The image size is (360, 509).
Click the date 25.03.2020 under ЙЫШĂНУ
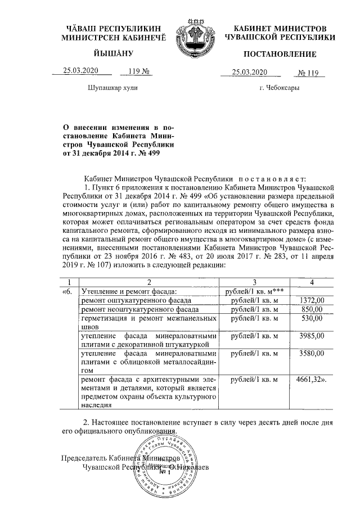[81, 72]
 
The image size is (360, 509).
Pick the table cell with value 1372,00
[312, 301]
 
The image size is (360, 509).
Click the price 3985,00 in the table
[312, 336]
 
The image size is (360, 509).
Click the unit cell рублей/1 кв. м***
[254, 291]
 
